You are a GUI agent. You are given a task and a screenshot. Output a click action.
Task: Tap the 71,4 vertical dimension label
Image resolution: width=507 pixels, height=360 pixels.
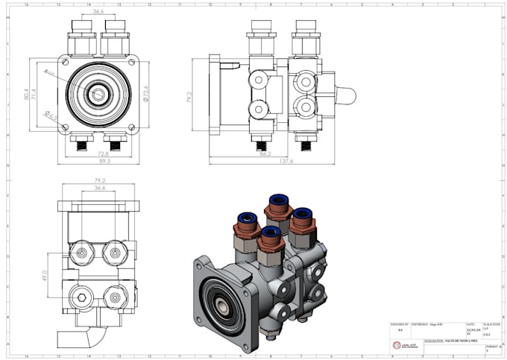point(34,95)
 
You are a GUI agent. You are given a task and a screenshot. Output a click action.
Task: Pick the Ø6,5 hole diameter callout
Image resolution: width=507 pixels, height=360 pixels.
point(50,116)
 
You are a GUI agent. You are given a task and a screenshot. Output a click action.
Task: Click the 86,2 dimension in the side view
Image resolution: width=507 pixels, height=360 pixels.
point(265,154)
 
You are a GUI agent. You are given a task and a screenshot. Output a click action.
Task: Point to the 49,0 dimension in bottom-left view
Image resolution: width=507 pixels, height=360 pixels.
point(45,277)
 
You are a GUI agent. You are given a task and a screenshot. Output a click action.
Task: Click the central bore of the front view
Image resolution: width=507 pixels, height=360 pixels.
point(98,94)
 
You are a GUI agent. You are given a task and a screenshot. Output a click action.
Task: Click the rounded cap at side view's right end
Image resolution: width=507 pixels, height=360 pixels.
point(346,94)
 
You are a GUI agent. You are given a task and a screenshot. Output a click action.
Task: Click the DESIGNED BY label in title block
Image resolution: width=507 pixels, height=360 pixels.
point(400,324)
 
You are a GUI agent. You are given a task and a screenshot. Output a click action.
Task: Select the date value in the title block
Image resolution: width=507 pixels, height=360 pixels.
point(470,332)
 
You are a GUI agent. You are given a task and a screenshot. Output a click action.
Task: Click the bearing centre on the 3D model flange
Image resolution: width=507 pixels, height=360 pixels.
point(220,306)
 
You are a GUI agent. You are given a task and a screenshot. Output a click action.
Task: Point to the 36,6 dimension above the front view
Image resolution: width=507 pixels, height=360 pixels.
point(98,13)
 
